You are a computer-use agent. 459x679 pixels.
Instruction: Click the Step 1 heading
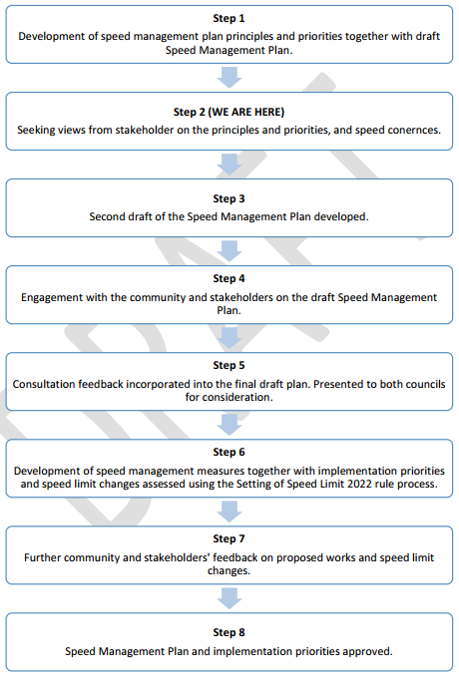click(x=229, y=18)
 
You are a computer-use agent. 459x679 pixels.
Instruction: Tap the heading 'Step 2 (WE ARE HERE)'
click(x=229, y=112)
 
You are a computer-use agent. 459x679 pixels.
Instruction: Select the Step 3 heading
click(x=229, y=198)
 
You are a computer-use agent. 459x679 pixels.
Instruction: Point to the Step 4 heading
click(x=229, y=278)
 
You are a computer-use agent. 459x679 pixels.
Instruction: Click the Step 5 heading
click(x=229, y=365)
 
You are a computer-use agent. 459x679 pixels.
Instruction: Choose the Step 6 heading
click(x=229, y=452)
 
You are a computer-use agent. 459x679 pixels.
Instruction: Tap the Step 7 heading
click(x=229, y=538)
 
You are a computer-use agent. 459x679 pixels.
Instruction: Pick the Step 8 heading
click(x=229, y=633)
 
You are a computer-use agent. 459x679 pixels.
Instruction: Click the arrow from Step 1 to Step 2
click(x=229, y=78)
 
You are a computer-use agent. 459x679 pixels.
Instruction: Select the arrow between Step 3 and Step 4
click(x=229, y=251)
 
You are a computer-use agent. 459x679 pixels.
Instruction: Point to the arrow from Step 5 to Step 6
click(x=229, y=425)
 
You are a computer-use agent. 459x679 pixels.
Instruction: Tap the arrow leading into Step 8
click(x=229, y=598)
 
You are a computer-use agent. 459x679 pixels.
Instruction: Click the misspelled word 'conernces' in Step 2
click(x=418, y=130)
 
